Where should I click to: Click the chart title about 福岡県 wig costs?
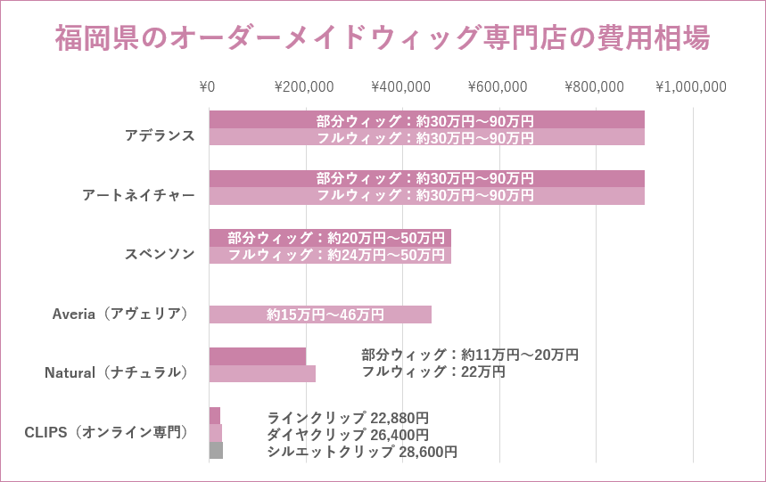pos(383,39)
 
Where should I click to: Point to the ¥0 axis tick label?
pos(207,86)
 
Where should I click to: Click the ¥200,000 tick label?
pos(303,86)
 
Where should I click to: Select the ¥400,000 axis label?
pos(400,86)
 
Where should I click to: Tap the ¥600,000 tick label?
pos(497,86)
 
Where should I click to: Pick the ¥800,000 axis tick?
pos(594,86)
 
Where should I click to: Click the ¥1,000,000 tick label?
pos(691,86)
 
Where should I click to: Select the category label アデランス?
pos(160,135)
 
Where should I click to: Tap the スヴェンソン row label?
pos(160,254)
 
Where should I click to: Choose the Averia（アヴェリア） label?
pos(120,314)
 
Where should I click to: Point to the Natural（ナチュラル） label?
pos(117,372)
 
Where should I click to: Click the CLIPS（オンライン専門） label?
pos(106,432)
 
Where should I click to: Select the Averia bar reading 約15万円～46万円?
pos(320,315)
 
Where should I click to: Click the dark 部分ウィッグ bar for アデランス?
pos(426,119)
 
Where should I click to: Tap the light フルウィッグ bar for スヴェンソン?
pos(330,255)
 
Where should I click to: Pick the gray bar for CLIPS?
pos(216,451)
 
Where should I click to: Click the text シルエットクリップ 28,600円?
pos(362,452)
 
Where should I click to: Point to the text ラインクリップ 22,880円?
pos(348,417)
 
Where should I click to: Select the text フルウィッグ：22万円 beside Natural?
pos(433,372)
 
